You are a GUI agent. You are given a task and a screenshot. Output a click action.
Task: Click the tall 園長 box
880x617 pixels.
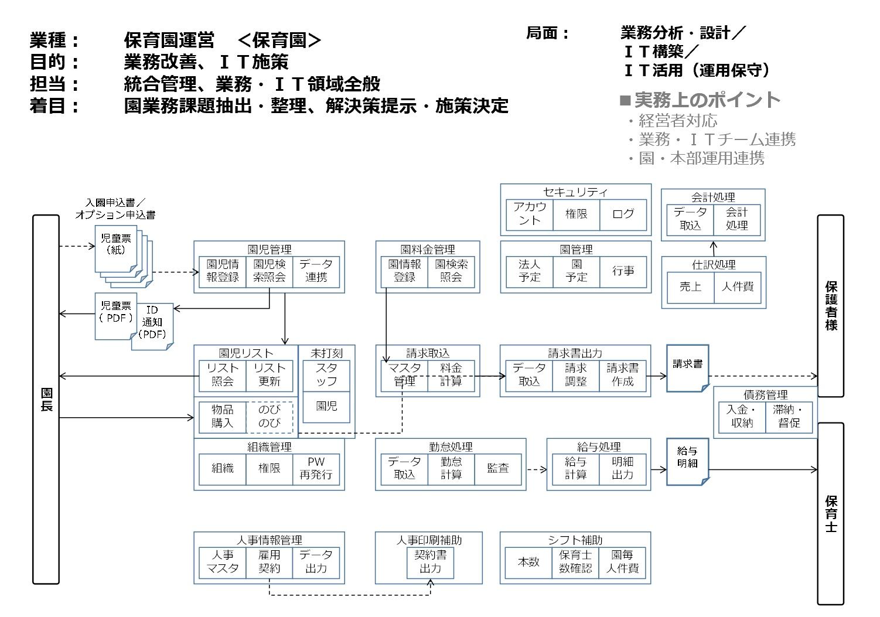click(x=46, y=399)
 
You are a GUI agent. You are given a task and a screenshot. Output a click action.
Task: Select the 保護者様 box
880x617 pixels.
click(x=830, y=305)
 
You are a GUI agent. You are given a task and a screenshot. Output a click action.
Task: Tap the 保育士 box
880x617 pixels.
click(x=830, y=513)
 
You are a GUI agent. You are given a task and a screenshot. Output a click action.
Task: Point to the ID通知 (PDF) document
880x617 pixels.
click(x=152, y=325)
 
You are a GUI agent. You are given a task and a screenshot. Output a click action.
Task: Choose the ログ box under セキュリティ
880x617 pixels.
click(x=623, y=214)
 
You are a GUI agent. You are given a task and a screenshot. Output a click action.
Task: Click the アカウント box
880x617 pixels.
click(x=529, y=214)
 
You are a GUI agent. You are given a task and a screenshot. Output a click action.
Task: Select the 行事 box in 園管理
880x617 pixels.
click(x=623, y=271)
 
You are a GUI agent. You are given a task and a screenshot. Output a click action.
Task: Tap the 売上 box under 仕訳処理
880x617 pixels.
click(x=690, y=287)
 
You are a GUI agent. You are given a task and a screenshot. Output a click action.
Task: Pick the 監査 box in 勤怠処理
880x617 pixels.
click(x=497, y=468)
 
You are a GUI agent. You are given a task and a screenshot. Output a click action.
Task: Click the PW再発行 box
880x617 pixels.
click(x=316, y=468)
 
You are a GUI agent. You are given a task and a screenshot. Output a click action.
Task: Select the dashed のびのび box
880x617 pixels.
click(x=269, y=416)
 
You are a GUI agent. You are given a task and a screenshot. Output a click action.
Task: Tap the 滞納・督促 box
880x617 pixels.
click(x=789, y=416)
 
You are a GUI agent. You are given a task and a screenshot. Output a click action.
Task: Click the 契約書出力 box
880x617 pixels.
click(x=430, y=561)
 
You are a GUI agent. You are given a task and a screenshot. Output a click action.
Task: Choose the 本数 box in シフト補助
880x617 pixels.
click(x=528, y=561)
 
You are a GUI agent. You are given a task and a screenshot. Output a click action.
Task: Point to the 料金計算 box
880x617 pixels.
click(x=451, y=374)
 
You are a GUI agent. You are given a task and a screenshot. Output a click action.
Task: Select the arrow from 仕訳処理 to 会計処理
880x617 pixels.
click(x=713, y=248)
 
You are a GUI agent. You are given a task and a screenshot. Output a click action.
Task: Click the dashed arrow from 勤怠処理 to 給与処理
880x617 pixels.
click(x=536, y=469)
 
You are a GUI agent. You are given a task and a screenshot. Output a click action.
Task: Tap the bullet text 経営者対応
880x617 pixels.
click(x=677, y=121)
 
